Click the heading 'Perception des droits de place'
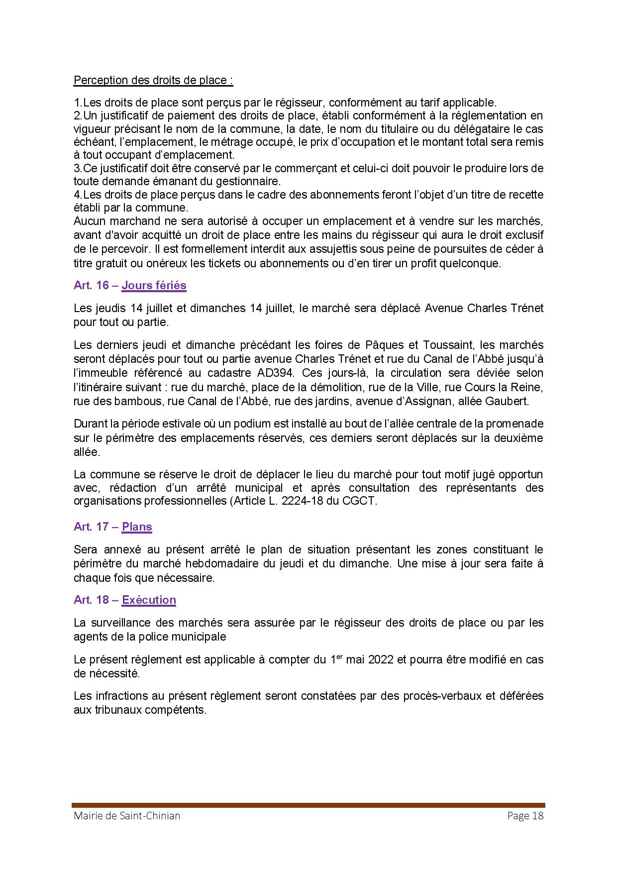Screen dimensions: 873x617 [153, 80]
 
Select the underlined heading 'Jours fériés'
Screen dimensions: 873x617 [154, 285]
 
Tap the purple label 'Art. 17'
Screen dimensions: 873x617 [91, 527]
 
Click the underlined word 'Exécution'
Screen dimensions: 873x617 [149, 600]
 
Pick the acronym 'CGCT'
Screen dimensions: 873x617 [359, 501]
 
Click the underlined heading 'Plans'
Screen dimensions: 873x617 [137, 527]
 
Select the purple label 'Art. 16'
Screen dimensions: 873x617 [92, 285]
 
